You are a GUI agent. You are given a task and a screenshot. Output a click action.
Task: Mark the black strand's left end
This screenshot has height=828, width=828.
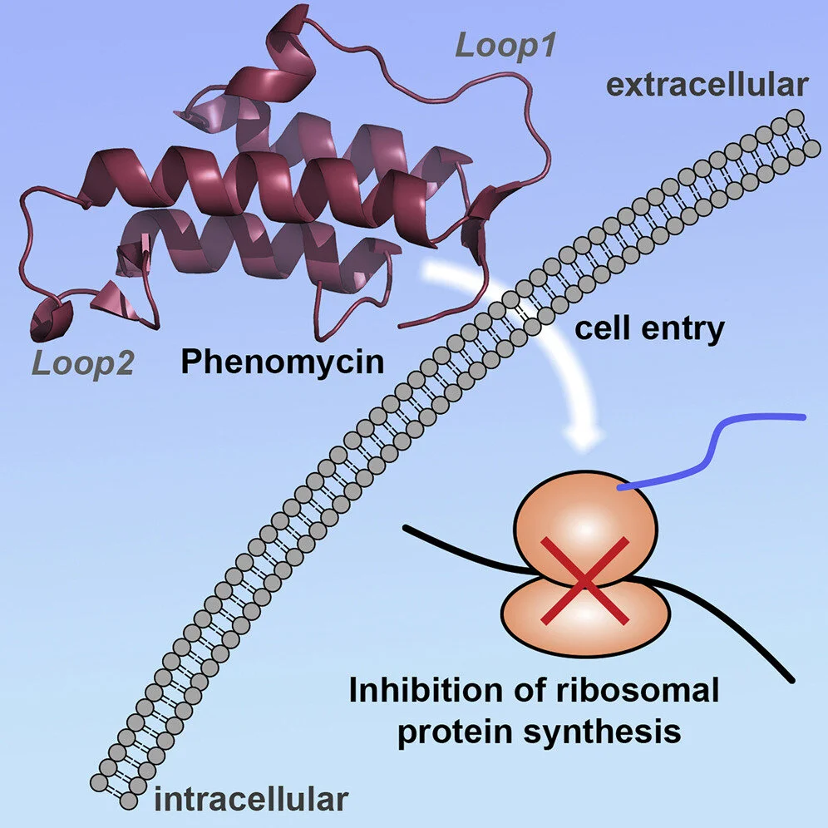(406, 527)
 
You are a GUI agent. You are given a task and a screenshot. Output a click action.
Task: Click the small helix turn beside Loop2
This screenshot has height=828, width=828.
(51, 320)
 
